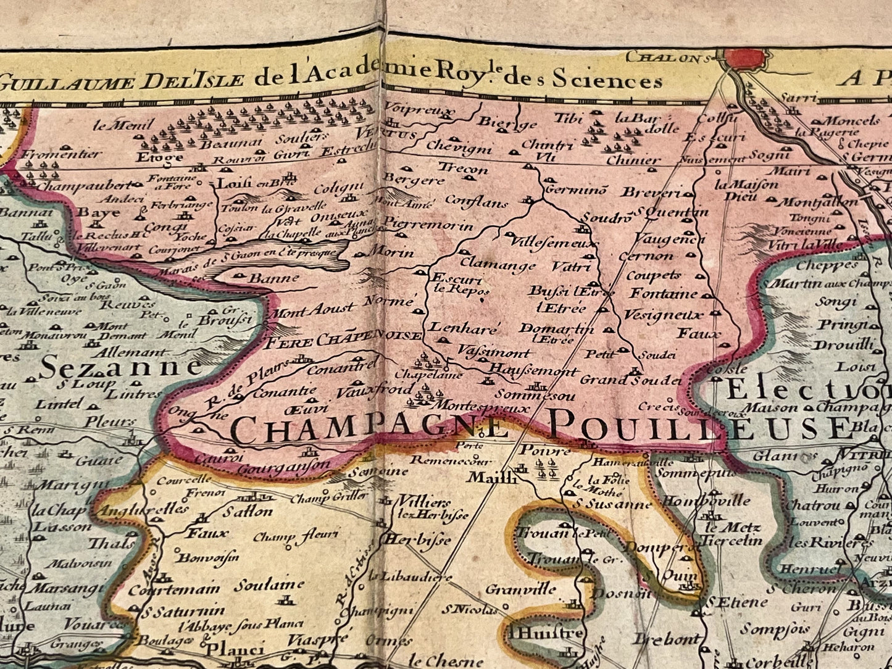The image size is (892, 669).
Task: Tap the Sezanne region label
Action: [120, 367]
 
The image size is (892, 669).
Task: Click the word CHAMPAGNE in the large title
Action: [368, 430]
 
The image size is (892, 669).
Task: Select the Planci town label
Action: [235, 649]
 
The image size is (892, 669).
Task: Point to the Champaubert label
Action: [85, 185]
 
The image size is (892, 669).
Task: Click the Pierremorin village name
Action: [428, 224]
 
